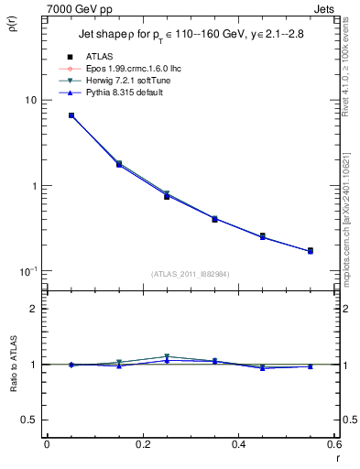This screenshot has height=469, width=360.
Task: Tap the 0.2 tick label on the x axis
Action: [x=142, y=446]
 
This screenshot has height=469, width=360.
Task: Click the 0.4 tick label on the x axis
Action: [x=238, y=446]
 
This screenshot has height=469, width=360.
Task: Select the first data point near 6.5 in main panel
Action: [x=71, y=115]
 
